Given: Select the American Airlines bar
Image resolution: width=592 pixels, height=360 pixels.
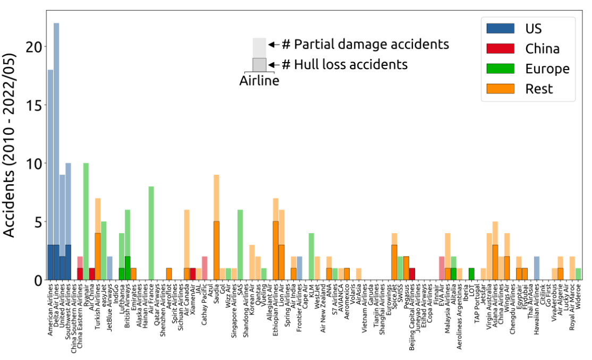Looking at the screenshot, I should click(x=50, y=175).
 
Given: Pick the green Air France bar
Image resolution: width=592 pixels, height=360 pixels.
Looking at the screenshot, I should click(x=151, y=233).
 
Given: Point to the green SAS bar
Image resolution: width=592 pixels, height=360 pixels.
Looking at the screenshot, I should click(x=240, y=245).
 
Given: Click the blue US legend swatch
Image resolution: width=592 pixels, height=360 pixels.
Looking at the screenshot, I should click(x=500, y=29).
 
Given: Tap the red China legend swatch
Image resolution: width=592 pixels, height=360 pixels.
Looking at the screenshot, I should click(x=500, y=48).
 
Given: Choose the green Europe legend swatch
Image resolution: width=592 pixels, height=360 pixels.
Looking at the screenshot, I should click(x=500, y=68).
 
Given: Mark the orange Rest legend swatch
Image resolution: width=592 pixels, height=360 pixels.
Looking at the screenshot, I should click(x=500, y=88).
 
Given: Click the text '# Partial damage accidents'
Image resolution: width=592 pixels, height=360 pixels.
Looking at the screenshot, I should click(x=365, y=44).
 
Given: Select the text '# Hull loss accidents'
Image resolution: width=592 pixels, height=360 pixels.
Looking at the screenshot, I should click(x=344, y=64).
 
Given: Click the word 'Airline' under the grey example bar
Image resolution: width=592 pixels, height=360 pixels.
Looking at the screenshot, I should click(x=259, y=81).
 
